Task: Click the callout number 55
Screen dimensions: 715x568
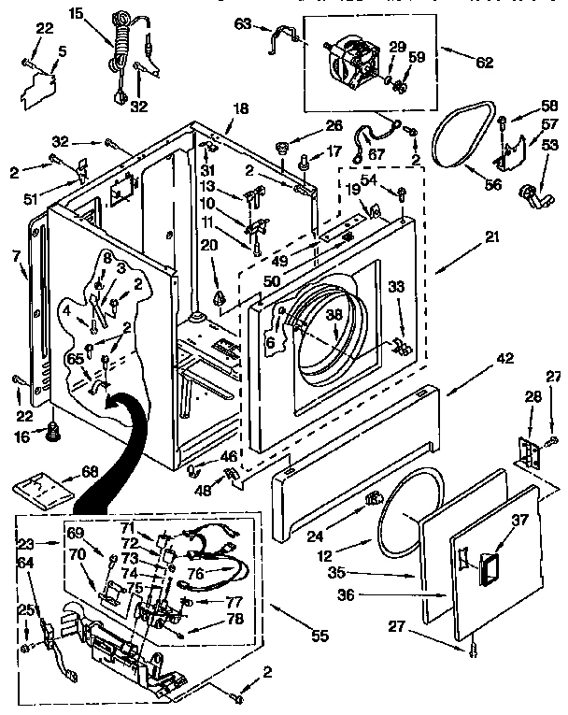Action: [319, 636]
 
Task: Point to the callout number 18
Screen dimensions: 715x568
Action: [240, 109]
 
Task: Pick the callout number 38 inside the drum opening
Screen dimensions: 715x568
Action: [334, 315]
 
